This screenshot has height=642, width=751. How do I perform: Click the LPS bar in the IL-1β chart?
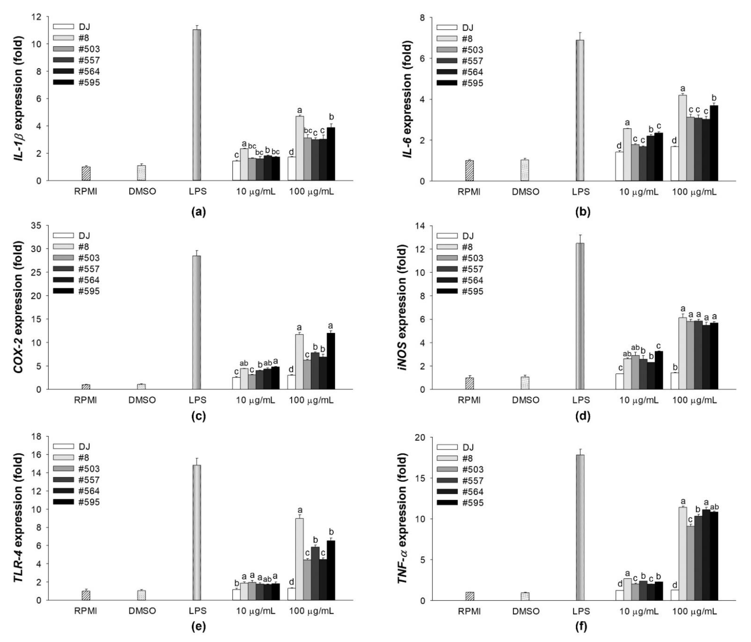tap(197, 105)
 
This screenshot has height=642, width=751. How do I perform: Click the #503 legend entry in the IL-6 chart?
tap(460, 50)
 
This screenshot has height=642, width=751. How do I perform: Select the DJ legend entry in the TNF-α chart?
tap(460, 447)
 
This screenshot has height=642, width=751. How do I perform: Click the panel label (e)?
tap(198, 627)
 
